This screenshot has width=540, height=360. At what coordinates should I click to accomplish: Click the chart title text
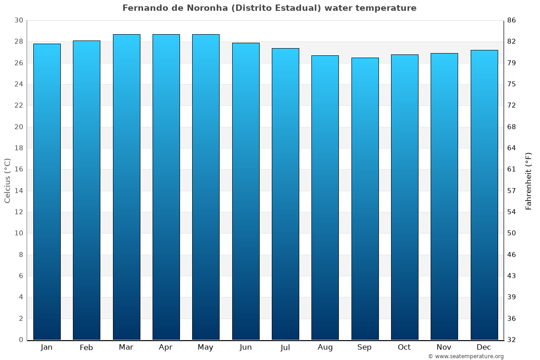tap(269, 8)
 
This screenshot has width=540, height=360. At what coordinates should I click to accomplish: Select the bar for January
tap(47, 192)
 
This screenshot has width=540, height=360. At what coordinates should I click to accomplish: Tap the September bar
tap(365, 198)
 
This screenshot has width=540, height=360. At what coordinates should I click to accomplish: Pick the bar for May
tap(206, 187)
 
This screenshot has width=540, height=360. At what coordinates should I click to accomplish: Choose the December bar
tap(484, 195)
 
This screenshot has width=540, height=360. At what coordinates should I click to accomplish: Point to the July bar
tap(285, 194)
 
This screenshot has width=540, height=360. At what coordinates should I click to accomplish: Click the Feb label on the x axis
tap(86, 347)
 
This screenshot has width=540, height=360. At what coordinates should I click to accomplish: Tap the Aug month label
tap(325, 347)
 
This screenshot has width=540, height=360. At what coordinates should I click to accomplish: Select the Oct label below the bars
tap(404, 347)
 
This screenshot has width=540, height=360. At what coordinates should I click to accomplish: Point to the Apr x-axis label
tap(166, 347)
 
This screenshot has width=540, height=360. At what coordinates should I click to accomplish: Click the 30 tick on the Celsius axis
tap(18, 20)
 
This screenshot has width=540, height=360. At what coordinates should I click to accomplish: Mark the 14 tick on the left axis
tap(18, 191)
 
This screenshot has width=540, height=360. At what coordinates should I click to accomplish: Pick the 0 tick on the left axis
tap(21, 340)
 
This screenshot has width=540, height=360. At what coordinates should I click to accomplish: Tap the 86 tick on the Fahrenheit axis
tap(512, 20)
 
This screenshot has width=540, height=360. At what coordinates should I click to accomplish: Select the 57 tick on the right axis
tap(512, 191)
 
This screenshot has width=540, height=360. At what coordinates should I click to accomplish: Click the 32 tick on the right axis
tap(512, 340)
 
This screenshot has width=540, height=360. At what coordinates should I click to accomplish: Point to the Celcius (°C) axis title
tap(7, 180)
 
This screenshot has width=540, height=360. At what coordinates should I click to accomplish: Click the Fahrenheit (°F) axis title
tap(529, 180)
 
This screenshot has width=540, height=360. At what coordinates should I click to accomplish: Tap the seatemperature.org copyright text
tap(465, 356)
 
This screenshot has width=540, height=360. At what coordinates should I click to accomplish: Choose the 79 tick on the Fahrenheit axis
tap(512, 63)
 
